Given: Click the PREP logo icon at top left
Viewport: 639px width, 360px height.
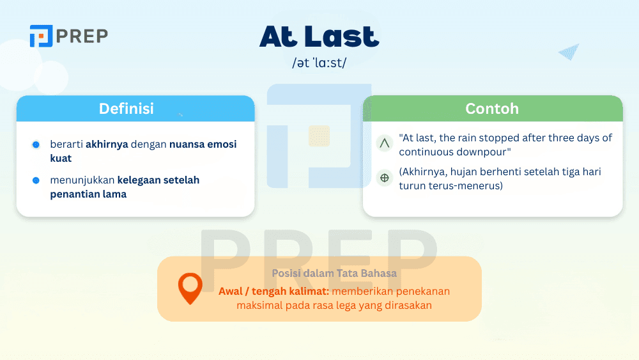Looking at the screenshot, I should [40, 36].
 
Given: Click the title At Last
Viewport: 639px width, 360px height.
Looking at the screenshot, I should [319, 37].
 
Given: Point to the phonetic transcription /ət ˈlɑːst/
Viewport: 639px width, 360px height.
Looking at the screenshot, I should [319, 63].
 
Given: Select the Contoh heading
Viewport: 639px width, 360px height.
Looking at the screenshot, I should [492, 109].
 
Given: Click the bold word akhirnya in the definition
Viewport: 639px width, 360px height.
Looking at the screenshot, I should [107, 145].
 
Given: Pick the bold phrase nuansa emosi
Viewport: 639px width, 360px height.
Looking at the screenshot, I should [207, 145].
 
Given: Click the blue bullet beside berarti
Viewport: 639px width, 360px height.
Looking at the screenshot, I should [36, 145].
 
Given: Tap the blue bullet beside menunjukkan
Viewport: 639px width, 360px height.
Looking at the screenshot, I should [36, 180].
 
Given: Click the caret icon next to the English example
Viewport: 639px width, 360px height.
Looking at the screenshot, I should [385, 144].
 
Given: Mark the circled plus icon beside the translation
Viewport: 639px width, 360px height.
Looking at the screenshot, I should [385, 178].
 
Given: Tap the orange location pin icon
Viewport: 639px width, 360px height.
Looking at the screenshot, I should [190, 288].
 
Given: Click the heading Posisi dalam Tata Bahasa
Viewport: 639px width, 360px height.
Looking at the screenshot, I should [334, 273].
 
